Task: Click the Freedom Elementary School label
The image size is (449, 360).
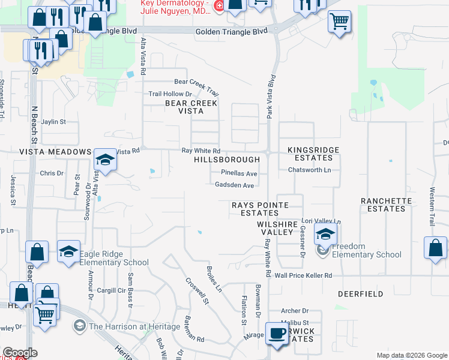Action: click(366, 250)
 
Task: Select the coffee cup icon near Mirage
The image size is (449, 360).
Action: click(277, 334)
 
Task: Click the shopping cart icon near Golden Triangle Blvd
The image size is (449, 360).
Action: click(339, 22)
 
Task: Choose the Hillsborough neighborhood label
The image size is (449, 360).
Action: click(227, 160)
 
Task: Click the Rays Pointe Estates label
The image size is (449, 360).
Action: click(260, 209)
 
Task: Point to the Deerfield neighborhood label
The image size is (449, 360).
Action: click(360, 295)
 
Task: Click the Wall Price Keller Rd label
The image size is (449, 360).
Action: click(303, 275)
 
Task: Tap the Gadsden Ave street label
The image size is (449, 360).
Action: click(234, 185)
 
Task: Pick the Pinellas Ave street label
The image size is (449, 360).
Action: click(239, 173)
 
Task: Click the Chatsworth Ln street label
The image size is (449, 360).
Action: click(309, 170)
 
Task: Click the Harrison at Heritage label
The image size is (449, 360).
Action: click(134, 326)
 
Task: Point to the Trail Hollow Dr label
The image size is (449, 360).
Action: click(170, 94)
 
